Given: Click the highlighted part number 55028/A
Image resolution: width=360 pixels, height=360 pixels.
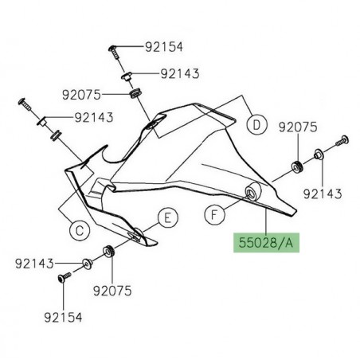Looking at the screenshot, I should (263, 241).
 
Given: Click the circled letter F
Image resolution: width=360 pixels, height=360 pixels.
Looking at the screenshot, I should (214, 213).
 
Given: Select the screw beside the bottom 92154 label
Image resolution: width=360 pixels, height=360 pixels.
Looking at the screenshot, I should (62, 279).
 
